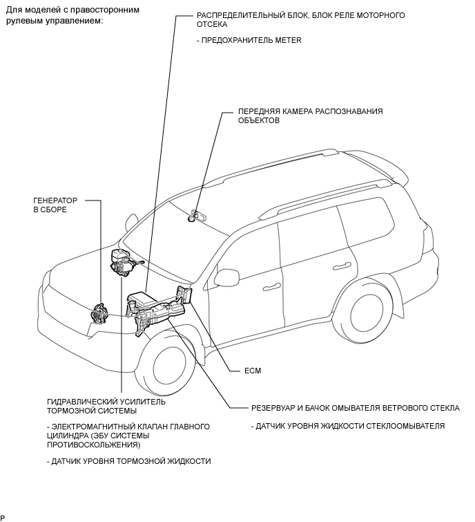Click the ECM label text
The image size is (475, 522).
coord(253,371)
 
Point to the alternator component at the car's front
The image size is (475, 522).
coord(101,315)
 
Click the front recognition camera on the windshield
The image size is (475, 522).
coord(193,218)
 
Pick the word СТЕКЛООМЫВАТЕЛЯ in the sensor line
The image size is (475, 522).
coord(406,426)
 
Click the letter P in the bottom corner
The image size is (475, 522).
coord(3,517)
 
